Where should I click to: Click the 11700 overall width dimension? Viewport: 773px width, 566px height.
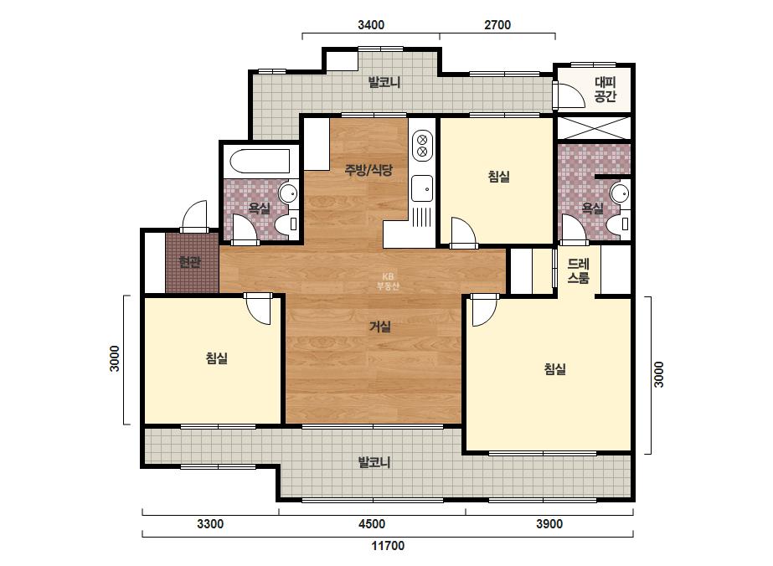tap(388, 545)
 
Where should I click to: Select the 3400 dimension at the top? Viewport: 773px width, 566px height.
tap(371, 24)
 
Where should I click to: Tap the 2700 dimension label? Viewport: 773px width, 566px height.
tap(497, 24)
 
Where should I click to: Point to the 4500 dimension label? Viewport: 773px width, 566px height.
tap(372, 523)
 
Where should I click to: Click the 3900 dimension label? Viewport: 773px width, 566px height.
tap(549, 523)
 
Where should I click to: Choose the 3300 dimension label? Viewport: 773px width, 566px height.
tap(210, 523)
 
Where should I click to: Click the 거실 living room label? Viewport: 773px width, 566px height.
tap(380, 327)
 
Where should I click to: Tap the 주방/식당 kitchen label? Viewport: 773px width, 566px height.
tap(368, 171)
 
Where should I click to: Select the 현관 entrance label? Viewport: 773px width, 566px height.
tap(189, 262)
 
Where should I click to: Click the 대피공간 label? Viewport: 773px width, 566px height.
tap(606, 90)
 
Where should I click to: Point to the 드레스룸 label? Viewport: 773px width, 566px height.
tap(578, 271)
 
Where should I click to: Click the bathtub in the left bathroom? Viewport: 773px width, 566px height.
tap(260, 161)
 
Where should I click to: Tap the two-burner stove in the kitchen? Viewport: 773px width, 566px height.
tap(422, 145)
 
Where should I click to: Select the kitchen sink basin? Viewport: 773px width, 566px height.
tap(422, 188)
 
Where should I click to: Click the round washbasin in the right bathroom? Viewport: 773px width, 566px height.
tap(619, 193)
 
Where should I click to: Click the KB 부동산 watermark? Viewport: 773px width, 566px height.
tap(388, 281)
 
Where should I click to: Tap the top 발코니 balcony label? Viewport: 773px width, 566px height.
tap(384, 82)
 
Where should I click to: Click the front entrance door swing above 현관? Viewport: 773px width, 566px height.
tap(195, 216)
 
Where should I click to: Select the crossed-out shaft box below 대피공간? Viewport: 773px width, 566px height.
tap(594, 128)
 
